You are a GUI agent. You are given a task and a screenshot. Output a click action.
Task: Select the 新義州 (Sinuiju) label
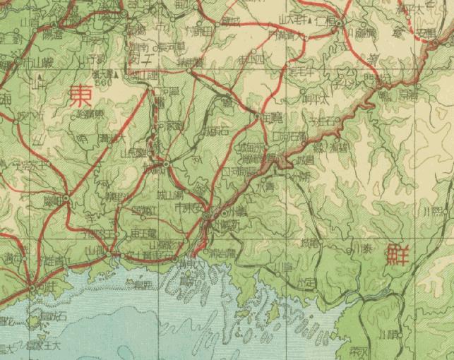click(225, 224)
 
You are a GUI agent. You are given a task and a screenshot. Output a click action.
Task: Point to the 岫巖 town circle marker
click(66, 200)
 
